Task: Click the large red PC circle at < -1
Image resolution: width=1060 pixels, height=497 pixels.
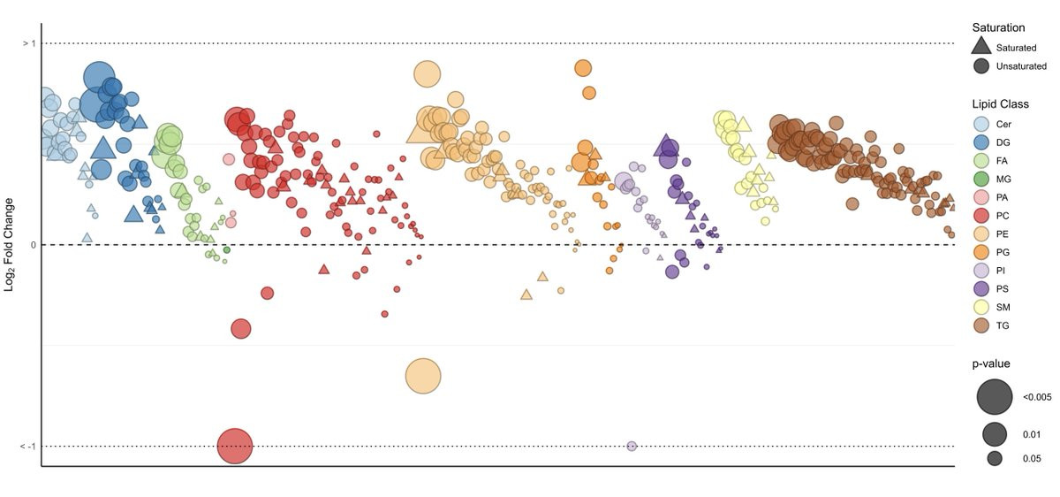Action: click(235, 446)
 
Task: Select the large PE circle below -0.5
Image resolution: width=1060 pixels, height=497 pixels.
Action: click(423, 376)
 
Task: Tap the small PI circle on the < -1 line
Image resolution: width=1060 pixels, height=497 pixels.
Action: click(632, 446)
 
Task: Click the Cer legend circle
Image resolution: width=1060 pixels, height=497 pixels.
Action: click(980, 125)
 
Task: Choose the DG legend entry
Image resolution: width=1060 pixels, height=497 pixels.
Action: click(980, 142)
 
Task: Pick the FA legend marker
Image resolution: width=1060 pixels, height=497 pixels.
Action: click(980, 161)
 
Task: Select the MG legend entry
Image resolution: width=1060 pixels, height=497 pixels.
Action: click(980, 180)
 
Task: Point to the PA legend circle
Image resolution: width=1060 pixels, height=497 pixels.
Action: click(980, 197)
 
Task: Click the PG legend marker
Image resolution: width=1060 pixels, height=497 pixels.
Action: click(980, 252)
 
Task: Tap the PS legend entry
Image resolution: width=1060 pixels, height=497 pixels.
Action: click(980, 289)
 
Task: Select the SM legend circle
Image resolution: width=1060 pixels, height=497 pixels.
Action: click(980, 307)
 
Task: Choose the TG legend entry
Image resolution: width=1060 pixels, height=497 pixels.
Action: click(980, 325)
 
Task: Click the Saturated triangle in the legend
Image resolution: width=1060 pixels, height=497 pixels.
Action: click(980, 47)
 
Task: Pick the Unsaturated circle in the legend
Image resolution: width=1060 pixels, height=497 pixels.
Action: click(980, 66)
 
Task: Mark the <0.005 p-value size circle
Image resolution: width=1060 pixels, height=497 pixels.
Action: click(995, 397)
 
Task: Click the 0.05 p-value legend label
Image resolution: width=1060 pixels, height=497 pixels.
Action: click(1032, 459)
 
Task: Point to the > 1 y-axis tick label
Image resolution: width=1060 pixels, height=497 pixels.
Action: click(28, 43)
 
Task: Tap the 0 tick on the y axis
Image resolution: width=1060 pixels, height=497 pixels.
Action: click(33, 245)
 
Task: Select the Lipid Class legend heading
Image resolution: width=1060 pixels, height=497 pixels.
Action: click(1000, 104)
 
